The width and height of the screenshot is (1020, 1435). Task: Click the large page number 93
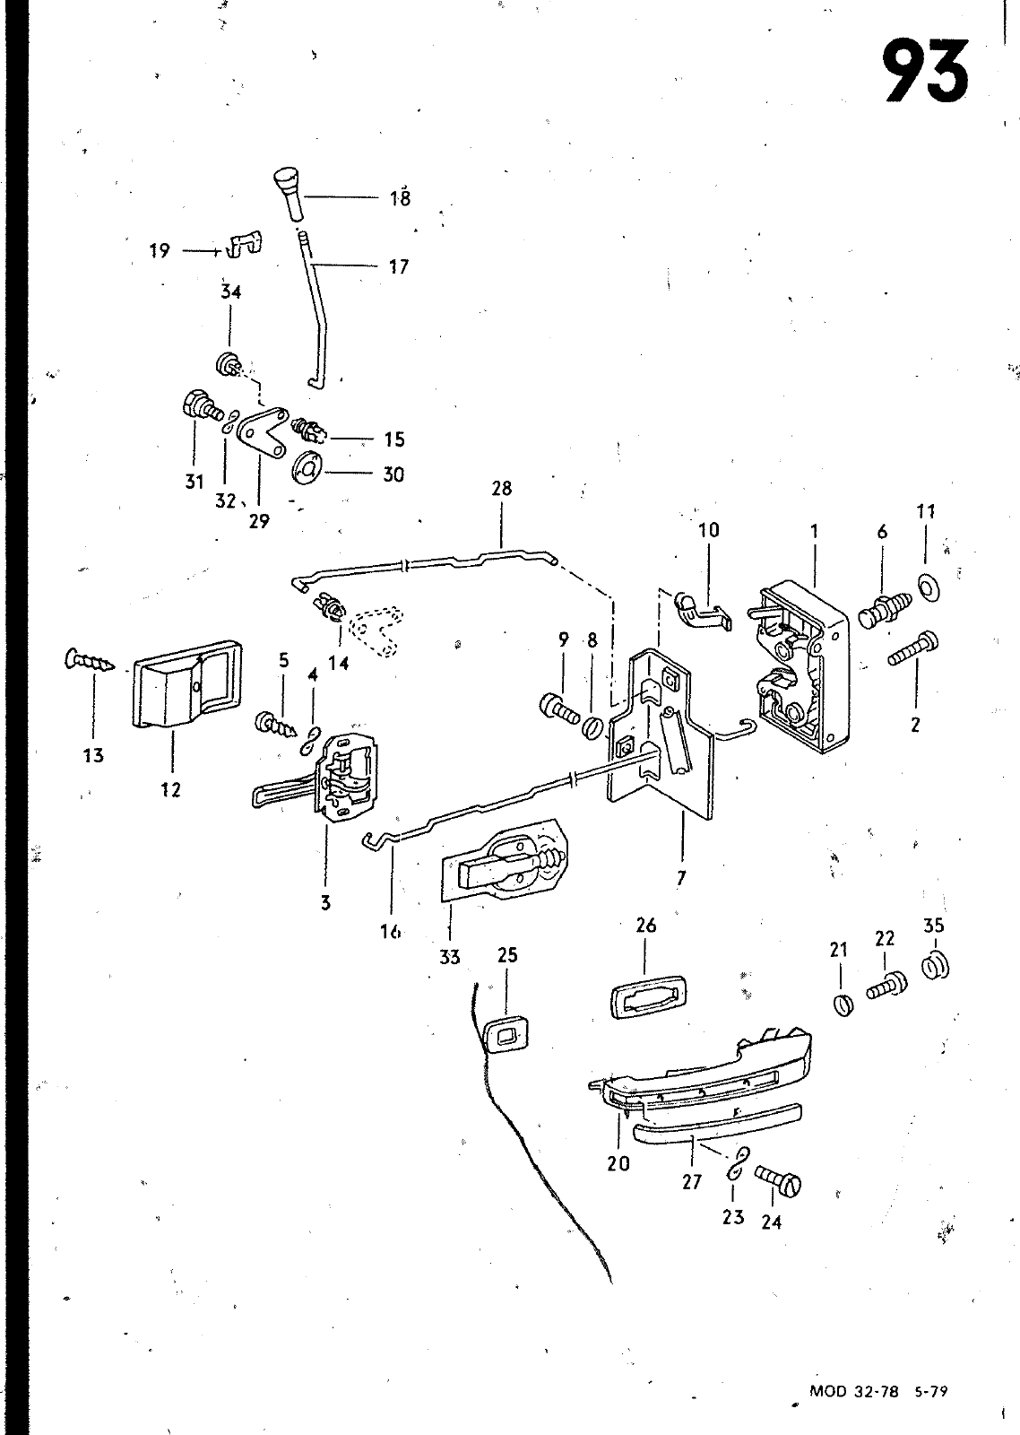click(927, 70)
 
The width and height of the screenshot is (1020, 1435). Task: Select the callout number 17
click(399, 266)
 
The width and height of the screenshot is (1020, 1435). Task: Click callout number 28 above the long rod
click(502, 489)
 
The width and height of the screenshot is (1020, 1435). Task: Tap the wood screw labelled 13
click(89, 658)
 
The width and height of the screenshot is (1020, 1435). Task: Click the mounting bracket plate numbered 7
click(660, 736)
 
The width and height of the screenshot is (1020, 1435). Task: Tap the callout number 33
click(449, 957)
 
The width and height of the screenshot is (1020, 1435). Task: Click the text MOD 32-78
click(853, 1387)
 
